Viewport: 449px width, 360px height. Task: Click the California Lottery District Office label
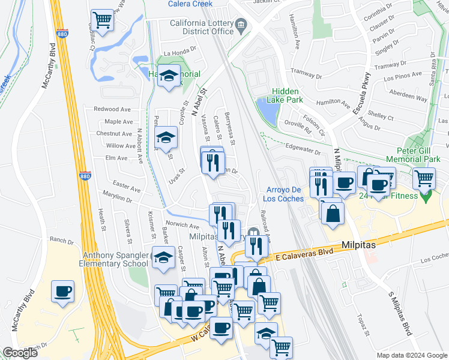(x=192, y=27)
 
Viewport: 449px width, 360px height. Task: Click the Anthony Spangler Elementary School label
(x=115, y=259)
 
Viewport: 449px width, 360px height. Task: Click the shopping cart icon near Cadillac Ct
(x=103, y=19)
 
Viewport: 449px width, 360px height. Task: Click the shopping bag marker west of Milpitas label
(x=332, y=212)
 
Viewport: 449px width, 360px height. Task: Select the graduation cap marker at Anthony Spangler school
(x=163, y=257)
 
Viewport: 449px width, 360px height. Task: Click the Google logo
(x=20, y=353)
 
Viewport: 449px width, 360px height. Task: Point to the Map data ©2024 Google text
(x=411, y=355)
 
